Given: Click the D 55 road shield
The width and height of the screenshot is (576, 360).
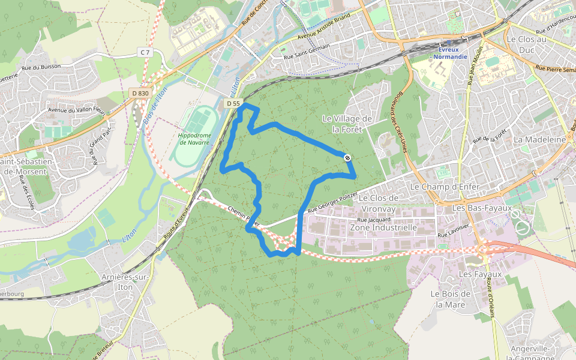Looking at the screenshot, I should (x=233, y=104).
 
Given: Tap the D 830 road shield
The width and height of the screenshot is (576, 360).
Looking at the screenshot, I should (x=139, y=92).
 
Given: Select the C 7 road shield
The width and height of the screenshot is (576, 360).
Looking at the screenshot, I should (x=145, y=53).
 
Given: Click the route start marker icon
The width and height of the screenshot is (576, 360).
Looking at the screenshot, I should (x=348, y=157).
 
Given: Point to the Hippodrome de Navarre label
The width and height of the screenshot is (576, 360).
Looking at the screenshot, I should (x=194, y=139).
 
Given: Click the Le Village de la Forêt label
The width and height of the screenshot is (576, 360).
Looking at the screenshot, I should (x=347, y=124).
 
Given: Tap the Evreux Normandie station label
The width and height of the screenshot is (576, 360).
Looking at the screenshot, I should (x=450, y=53).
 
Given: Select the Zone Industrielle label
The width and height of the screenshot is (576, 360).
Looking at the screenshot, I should (x=383, y=228).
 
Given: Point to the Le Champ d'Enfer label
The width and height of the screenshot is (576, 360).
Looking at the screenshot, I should (x=445, y=187).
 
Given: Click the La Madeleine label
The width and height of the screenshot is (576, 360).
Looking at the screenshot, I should (x=540, y=139).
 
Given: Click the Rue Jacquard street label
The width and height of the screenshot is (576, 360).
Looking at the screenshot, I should (x=374, y=220).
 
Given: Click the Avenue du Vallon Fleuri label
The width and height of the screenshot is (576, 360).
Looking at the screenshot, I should (x=76, y=110).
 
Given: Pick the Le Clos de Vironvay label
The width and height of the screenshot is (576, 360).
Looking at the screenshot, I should (x=379, y=203).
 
